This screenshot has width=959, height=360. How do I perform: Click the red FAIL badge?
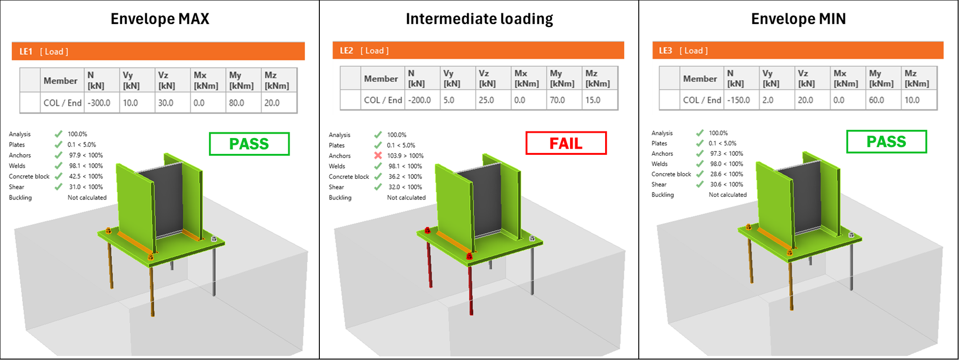click(566, 143)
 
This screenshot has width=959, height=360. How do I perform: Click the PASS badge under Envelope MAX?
click(249, 144)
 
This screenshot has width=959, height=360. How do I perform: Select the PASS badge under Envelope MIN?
click(886, 142)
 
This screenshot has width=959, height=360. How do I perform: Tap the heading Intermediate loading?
click(479, 19)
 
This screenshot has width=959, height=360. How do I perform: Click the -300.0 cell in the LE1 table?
click(99, 103)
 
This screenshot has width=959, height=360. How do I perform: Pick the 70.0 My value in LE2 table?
click(557, 100)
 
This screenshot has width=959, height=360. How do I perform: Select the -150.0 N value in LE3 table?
click(738, 100)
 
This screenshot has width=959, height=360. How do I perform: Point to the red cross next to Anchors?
click(378, 156)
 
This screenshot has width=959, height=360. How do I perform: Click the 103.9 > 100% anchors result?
click(405, 156)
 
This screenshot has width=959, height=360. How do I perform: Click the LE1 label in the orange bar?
click(26, 52)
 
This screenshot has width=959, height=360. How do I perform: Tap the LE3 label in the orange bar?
click(665, 51)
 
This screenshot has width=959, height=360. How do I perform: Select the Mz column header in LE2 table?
click(597, 78)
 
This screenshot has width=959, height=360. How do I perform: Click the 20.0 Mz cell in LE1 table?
click(272, 103)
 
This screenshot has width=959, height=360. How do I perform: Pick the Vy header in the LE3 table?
click(771, 78)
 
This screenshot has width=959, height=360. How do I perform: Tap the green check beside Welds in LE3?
click(700, 164)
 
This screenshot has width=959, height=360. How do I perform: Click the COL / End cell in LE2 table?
click(383, 100)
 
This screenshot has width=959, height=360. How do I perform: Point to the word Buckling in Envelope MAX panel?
click(20, 197)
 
